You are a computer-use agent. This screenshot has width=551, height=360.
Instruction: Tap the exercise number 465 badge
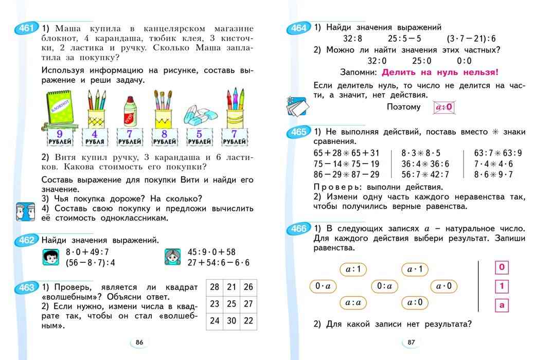click(x=298, y=133)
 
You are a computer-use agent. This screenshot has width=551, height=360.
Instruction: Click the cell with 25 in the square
click(x=232, y=303)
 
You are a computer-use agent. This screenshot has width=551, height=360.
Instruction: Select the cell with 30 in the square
click(x=232, y=320)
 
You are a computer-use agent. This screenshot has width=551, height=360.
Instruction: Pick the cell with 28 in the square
click(x=215, y=287)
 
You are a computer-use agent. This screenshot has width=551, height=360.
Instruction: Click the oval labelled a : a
click(x=352, y=302)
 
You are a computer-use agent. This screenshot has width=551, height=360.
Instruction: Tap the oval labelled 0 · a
click(x=323, y=286)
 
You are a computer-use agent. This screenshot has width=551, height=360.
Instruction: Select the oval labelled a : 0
click(x=415, y=302)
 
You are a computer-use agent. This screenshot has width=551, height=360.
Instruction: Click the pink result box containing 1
click(x=501, y=286)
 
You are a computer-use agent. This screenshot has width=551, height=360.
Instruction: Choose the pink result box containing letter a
click(x=501, y=305)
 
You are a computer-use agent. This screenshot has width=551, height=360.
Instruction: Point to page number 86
click(x=139, y=343)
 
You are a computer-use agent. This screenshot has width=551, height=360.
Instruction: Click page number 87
click(x=411, y=343)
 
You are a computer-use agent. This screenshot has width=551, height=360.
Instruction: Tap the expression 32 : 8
click(x=353, y=39)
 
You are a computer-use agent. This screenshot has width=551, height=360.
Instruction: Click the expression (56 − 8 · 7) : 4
click(x=90, y=262)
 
